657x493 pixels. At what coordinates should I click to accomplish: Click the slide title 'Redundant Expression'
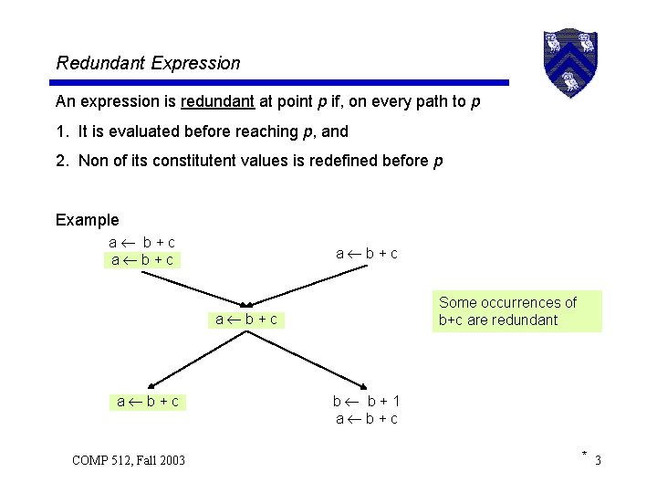tap(148, 63)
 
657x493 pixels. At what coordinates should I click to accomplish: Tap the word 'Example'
tap(87, 219)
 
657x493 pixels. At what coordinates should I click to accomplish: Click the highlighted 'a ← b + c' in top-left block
tap(142, 260)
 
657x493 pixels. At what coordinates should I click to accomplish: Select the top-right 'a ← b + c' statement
tap(366, 253)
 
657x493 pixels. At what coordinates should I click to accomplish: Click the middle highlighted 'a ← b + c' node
tap(246, 320)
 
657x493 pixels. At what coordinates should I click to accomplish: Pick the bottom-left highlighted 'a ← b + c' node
tap(147, 401)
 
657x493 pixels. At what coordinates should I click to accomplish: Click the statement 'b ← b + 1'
tap(366, 401)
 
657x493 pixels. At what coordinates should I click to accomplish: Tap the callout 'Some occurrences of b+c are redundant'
tap(516, 311)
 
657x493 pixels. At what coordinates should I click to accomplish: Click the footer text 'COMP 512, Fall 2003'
tap(129, 460)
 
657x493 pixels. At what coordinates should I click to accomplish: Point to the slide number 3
tap(598, 460)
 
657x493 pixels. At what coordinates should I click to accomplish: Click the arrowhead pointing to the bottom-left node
tap(152, 385)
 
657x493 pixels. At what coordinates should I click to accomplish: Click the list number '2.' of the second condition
tap(62, 161)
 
